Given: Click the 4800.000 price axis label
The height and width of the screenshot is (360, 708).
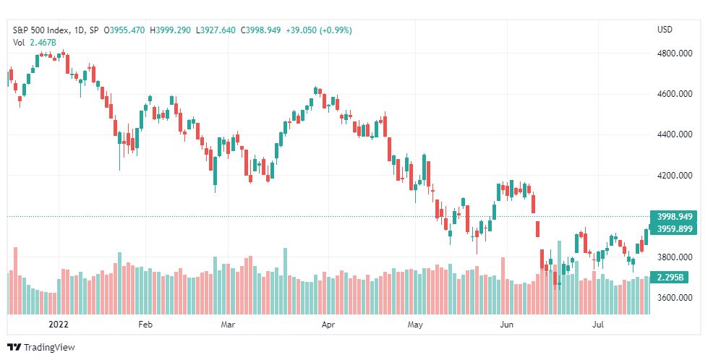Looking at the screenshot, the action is pyautogui.click(x=674, y=53).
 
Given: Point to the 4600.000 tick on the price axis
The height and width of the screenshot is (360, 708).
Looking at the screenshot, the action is pyautogui.click(x=674, y=94).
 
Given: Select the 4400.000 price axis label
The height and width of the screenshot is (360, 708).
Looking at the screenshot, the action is pyautogui.click(x=674, y=134).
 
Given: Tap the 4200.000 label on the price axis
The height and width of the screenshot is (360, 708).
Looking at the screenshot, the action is pyautogui.click(x=674, y=176).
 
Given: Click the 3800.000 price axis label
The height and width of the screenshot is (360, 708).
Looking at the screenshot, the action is pyautogui.click(x=674, y=257).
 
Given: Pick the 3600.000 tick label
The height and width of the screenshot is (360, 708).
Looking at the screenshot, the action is pyautogui.click(x=674, y=298).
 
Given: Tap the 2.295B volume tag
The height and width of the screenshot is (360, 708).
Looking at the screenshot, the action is pyautogui.click(x=669, y=278).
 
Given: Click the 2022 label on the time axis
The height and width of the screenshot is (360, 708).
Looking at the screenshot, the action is pyautogui.click(x=59, y=325).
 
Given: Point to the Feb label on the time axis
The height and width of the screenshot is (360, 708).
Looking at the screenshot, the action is pyautogui.click(x=145, y=325).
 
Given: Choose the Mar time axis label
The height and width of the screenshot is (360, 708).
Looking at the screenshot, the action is pyautogui.click(x=228, y=325).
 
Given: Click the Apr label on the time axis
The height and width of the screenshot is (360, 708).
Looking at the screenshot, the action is pyautogui.click(x=328, y=325).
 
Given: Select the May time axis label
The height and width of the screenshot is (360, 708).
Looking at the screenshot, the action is pyautogui.click(x=415, y=325).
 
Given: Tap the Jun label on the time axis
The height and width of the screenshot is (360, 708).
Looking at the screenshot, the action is pyautogui.click(x=507, y=325).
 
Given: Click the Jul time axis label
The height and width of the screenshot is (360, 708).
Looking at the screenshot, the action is pyautogui.click(x=598, y=325).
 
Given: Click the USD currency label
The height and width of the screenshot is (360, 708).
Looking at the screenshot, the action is pyautogui.click(x=665, y=30).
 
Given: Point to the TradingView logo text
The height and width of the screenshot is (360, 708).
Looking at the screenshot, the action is pyautogui.click(x=49, y=348).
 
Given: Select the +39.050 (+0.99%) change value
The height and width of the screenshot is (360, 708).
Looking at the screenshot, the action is pyautogui.click(x=319, y=30).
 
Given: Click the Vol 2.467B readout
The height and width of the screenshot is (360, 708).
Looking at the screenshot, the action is pyautogui.click(x=34, y=43).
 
